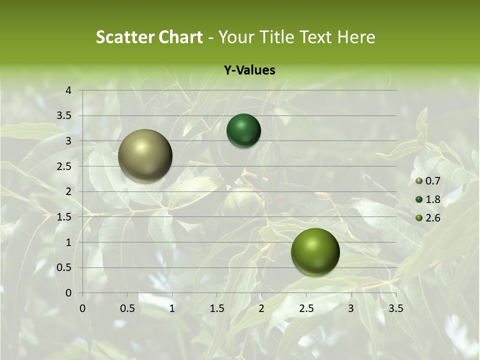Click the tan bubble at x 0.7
tap(145, 156)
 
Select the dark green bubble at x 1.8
tap(243, 130)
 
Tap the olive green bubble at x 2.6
tap(315, 251)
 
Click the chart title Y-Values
tap(249, 70)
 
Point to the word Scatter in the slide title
tap(125, 37)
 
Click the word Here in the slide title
tap(356, 37)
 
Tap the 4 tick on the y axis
tap(69, 90)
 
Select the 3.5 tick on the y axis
tap(65, 116)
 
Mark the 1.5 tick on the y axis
tap(65, 217)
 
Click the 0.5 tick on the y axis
tap(65, 267)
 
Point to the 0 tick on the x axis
tap(82, 308)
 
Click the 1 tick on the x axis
tap(172, 308)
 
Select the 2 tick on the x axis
tap(261, 308)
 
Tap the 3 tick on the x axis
tap(351, 308)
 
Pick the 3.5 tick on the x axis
tap(395, 308)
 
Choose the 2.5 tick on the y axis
tap(65, 166)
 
